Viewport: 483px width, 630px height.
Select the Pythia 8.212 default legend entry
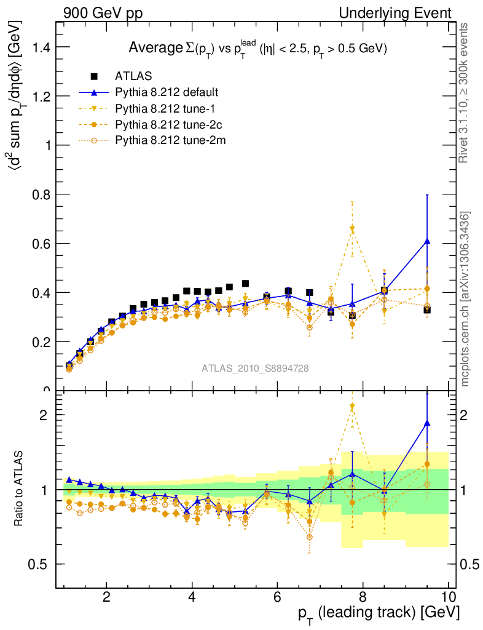[x=167, y=93]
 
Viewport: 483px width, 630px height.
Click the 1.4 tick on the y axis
[x=39, y=47]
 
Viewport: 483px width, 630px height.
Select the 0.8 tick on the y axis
[x=39, y=194]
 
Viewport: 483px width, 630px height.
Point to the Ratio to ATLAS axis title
[x=19, y=489]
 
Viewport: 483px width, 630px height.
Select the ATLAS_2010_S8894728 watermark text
[x=255, y=369]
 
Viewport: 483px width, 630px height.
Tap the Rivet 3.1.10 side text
[x=465, y=94]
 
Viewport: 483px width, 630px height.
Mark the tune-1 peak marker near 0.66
[x=352, y=229]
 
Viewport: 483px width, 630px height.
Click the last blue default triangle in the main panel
[x=427, y=241]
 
